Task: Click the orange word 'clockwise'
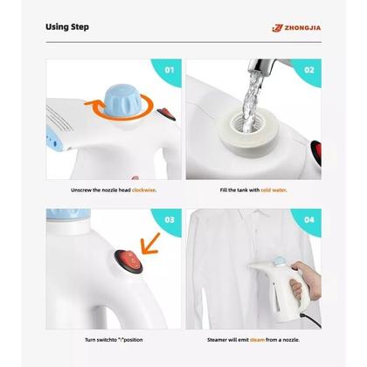[x=145, y=190]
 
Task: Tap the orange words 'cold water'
[x=273, y=190]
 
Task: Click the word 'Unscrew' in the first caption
[x=83, y=190]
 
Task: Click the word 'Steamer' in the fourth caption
[x=218, y=338]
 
